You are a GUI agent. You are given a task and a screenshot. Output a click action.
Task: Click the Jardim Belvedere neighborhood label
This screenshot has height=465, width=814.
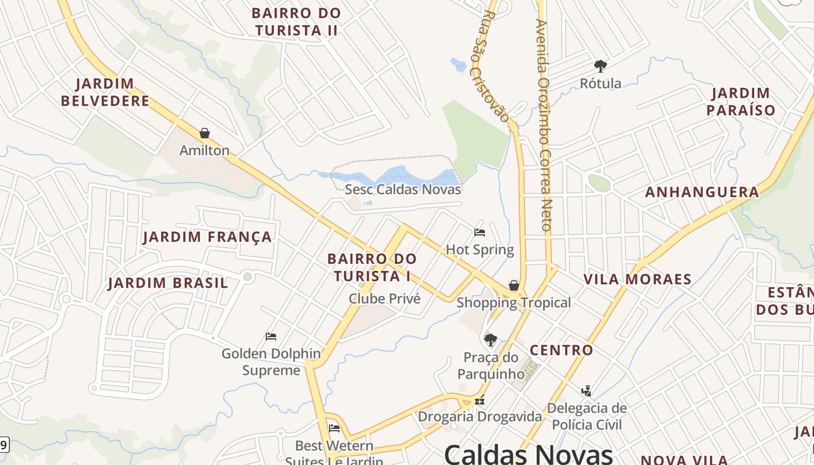pyautogui.click(x=105, y=92)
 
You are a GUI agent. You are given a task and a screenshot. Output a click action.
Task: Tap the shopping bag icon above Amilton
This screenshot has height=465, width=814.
pyautogui.click(x=204, y=134)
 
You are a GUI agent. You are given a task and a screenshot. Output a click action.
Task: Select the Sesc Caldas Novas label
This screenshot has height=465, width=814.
pyautogui.click(x=403, y=189)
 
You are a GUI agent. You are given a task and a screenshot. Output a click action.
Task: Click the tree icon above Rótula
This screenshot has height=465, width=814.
pyautogui.click(x=601, y=66)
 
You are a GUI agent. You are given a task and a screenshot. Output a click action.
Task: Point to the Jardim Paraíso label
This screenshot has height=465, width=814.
pyautogui.click(x=741, y=102)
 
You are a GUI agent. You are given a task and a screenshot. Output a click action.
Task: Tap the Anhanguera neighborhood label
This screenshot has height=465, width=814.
pyautogui.click(x=702, y=192)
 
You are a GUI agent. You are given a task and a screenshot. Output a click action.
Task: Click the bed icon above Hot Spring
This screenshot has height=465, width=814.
pyautogui.click(x=480, y=233)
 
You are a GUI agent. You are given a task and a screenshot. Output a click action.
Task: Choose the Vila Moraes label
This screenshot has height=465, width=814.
pyautogui.click(x=637, y=280)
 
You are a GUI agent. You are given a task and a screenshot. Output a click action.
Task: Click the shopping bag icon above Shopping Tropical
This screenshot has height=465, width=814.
pyautogui.click(x=514, y=285)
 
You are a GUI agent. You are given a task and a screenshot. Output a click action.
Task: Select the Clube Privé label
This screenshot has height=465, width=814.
pyautogui.click(x=384, y=299)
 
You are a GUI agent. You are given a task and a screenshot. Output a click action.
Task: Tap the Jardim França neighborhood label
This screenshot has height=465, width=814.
pyautogui.click(x=208, y=237)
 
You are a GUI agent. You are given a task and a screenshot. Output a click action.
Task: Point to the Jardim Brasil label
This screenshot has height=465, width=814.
pyautogui.click(x=168, y=284)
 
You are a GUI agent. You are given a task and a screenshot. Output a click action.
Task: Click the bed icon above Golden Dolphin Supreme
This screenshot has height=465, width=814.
pyautogui.click(x=270, y=337)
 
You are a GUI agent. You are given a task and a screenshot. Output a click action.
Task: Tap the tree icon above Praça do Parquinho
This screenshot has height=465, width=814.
pyautogui.click(x=491, y=340)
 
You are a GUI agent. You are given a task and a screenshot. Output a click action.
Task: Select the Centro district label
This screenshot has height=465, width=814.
pyautogui.click(x=561, y=350)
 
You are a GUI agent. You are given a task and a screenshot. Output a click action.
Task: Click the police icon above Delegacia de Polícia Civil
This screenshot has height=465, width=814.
pyautogui.click(x=587, y=391)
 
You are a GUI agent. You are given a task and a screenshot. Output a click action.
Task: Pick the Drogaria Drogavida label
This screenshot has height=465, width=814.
pyautogui.click(x=480, y=417)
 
